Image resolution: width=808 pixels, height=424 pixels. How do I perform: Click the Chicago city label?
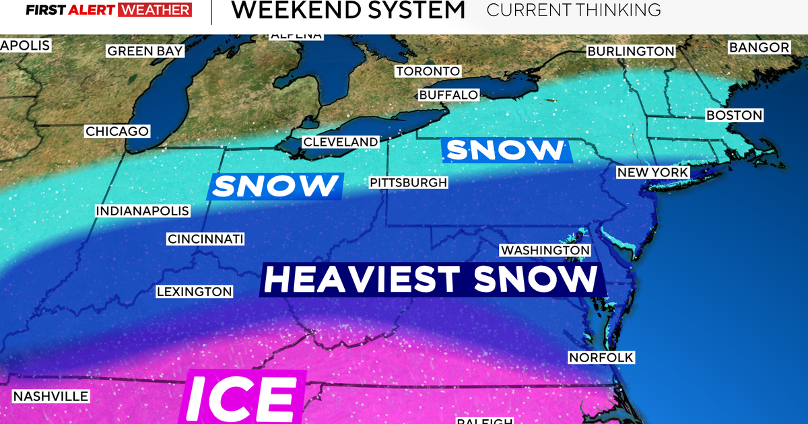coord(117,131)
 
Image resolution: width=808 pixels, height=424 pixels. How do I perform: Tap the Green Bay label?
coord(145,51)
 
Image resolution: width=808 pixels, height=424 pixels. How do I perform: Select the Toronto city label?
coord(428,71)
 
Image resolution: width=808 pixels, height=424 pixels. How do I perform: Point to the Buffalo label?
coord(448,95)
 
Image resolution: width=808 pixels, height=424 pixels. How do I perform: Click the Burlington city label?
coord(630,51)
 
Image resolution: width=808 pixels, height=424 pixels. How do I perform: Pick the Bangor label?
coord(759,48)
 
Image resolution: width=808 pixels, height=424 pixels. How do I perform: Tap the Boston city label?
coord(734,115)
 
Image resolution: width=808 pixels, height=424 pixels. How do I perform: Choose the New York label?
coord(652,173)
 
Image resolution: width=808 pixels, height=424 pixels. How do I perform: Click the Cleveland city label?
coord(341,142)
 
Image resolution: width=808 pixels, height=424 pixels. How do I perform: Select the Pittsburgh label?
coord(408,182)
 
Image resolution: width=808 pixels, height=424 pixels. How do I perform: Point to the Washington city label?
coord(545,250)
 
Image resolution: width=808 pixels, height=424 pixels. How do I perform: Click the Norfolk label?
coord(601,357)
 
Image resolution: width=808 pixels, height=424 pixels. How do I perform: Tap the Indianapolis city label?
coord(142,211)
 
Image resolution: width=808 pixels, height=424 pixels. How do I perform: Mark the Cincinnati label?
coord(205,239)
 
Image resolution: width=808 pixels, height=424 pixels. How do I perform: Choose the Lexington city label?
coord(194,291)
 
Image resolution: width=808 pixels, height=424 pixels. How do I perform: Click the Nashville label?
coord(50,396)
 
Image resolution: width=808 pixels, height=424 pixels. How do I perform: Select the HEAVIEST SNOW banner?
coord(432,279)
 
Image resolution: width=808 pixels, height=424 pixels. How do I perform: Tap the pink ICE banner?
coord(240,397)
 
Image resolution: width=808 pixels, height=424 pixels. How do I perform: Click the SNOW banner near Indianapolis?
coord(275,186)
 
